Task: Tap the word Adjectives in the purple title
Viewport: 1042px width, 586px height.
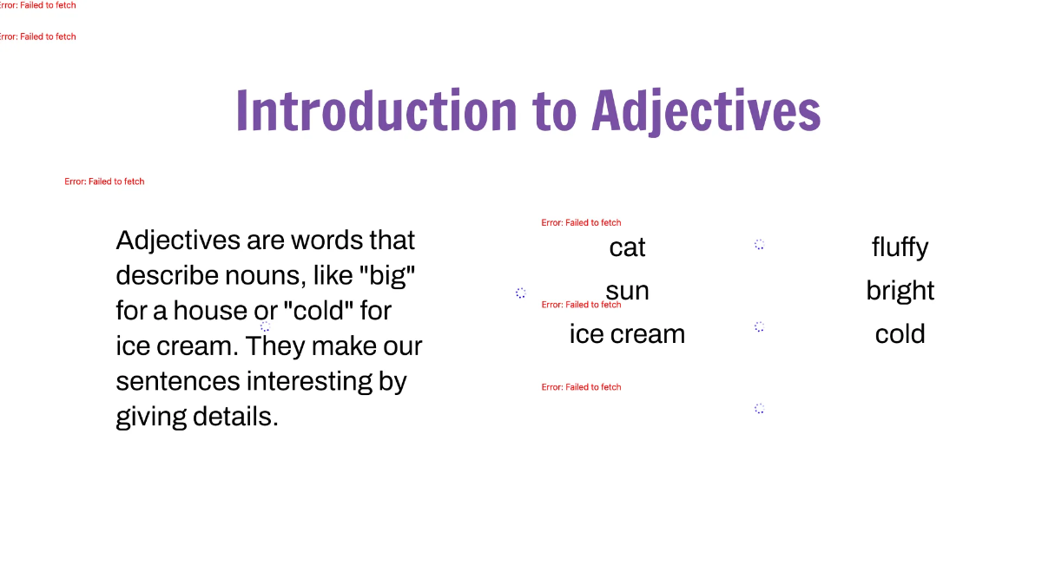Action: coord(706,111)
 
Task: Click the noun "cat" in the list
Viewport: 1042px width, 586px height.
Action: coord(627,247)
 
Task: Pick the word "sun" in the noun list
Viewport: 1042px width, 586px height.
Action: coord(627,291)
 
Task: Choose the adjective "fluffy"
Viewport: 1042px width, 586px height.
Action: coord(900,247)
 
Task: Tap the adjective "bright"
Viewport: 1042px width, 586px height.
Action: coord(900,291)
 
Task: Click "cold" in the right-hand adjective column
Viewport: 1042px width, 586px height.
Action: coord(900,334)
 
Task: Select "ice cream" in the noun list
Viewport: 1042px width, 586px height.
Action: coord(627,334)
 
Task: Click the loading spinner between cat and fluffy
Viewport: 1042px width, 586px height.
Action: coord(759,245)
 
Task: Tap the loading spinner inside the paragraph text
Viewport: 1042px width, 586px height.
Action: coord(265,326)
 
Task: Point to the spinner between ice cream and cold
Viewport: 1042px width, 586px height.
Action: coord(759,326)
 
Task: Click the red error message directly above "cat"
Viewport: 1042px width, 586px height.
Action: coord(581,223)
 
